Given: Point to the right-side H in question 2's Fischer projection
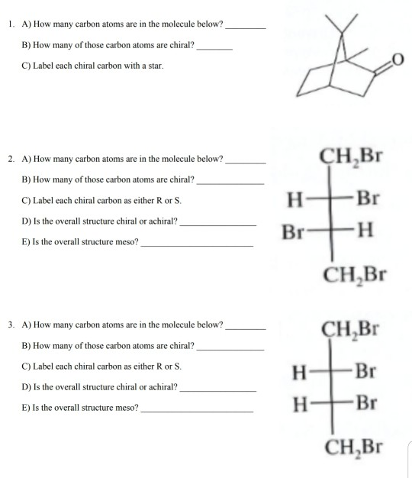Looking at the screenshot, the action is (x=365, y=230).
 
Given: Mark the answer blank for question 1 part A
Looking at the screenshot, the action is (x=246, y=27).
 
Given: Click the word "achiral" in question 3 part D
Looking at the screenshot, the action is (x=158, y=387).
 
